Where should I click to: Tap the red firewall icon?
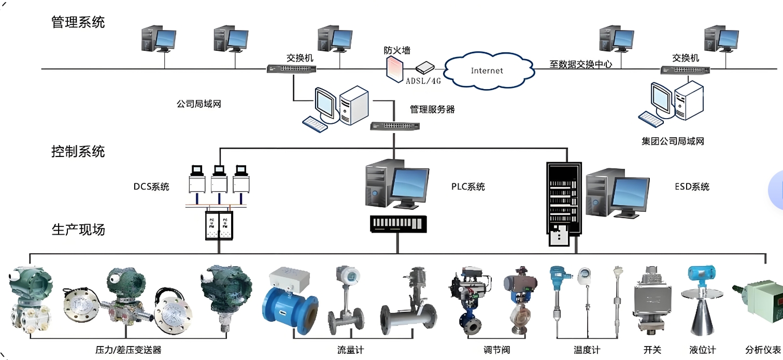(394, 67)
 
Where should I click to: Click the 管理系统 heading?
(78, 22)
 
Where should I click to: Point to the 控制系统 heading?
(78, 151)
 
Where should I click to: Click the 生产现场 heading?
(78, 229)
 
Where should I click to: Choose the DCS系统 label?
(151, 187)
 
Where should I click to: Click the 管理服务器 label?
(432, 109)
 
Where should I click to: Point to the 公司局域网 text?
(199, 104)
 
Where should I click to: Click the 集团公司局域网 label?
(673, 141)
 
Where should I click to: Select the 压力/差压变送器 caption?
(129, 350)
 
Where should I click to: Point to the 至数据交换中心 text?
(580, 65)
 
